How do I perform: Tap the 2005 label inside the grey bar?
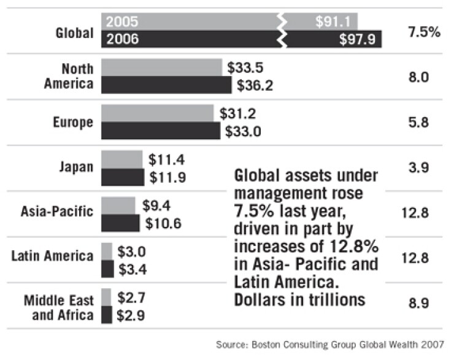[x=122, y=22]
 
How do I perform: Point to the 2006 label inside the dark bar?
[x=122, y=39]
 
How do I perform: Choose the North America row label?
[x=68, y=76]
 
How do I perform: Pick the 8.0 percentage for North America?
[x=425, y=77]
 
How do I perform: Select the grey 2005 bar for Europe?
[x=158, y=113]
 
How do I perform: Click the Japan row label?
[x=77, y=166]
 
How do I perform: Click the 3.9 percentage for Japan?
[x=425, y=167]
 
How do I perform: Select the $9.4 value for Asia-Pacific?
[x=156, y=205]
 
